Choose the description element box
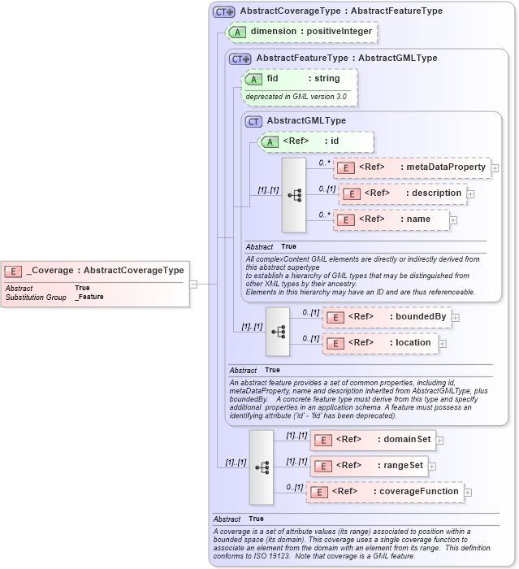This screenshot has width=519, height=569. [403, 193]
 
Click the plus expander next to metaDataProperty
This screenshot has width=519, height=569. [495, 168]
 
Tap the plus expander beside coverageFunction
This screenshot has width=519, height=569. [468, 493]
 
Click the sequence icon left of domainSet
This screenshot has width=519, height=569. [262, 467]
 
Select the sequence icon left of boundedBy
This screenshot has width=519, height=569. [278, 331]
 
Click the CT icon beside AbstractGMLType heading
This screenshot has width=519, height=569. [253, 121]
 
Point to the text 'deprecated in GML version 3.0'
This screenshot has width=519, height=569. [296, 97]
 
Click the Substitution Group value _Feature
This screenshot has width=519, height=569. [89, 298]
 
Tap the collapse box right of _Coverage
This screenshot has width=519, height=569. [193, 284]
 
